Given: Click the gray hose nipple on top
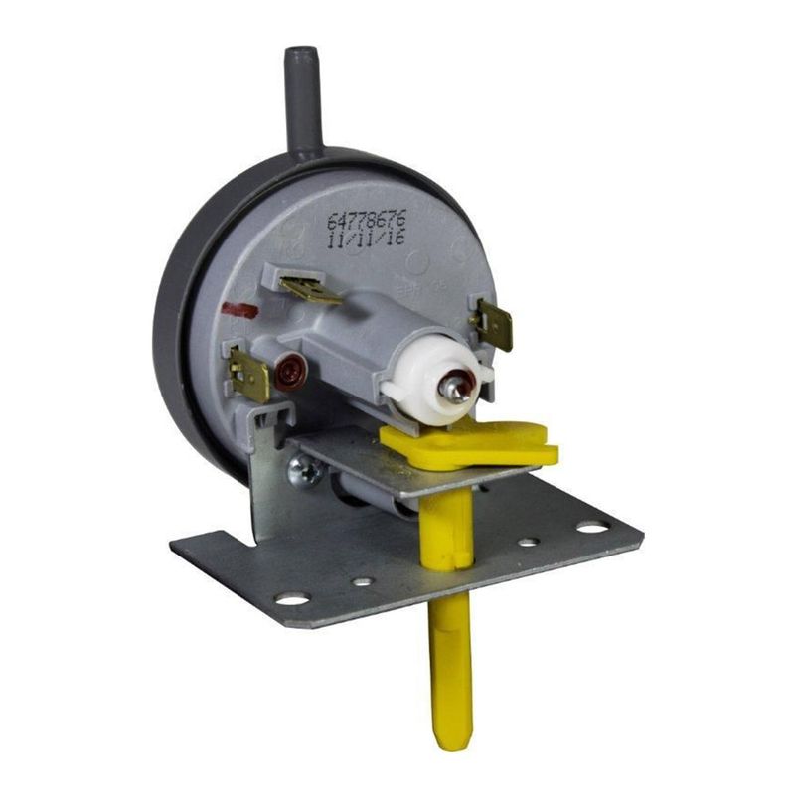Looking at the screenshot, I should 304,99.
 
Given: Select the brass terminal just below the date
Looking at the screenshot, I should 309,289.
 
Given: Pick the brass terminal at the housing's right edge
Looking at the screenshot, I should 493,324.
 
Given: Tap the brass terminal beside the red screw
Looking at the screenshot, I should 247,373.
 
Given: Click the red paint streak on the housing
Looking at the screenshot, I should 238,311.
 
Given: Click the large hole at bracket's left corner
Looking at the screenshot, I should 293,599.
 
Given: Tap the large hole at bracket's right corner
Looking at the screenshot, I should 593,528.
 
